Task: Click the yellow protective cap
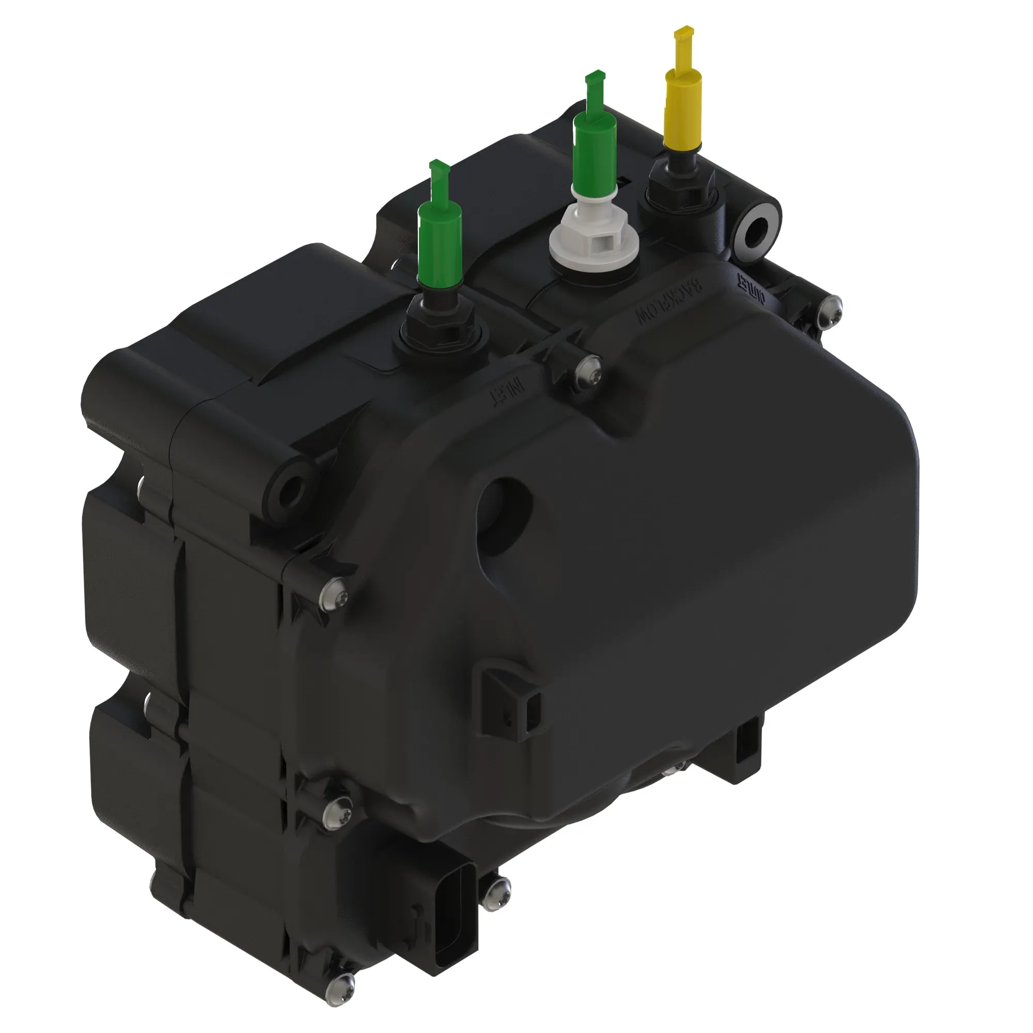[x=682, y=107]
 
